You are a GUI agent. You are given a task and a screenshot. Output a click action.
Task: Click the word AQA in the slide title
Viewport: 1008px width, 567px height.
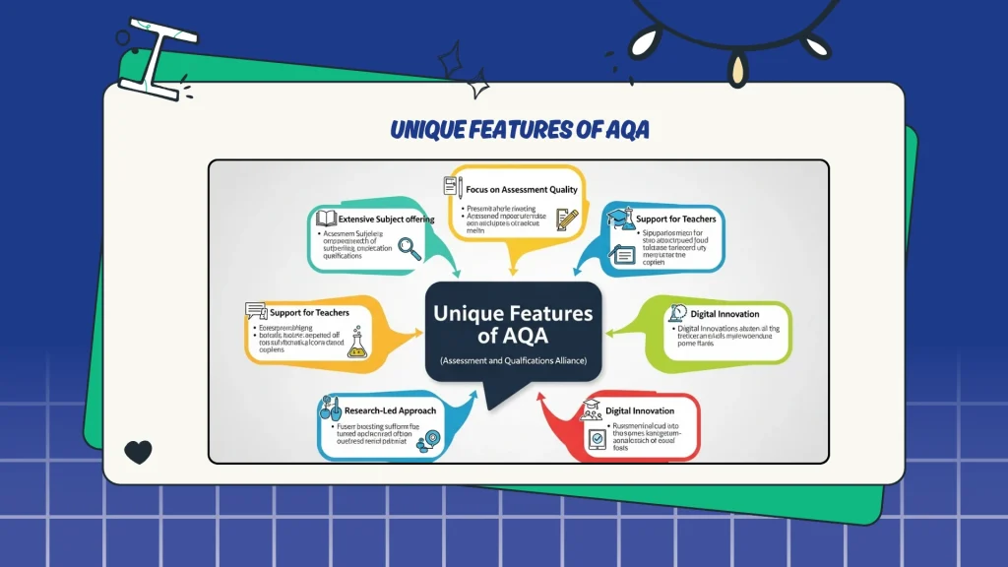(x=620, y=130)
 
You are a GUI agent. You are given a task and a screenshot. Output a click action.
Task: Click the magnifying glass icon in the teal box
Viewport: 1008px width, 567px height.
(x=409, y=249)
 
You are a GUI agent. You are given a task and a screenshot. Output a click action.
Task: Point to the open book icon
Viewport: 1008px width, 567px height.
(x=327, y=218)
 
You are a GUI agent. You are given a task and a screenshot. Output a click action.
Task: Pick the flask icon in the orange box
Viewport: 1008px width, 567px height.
(x=357, y=344)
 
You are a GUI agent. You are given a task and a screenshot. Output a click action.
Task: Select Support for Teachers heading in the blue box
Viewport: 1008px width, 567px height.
(x=676, y=218)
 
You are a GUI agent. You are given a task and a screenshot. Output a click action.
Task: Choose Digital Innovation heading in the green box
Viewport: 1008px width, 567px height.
(x=724, y=314)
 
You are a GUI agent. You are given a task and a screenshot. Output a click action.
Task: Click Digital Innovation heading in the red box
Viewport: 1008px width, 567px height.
(x=641, y=409)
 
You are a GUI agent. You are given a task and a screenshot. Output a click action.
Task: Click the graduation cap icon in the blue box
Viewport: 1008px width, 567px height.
(x=617, y=217)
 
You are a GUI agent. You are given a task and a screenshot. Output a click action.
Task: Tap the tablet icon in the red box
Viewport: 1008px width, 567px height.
(x=597, y=440)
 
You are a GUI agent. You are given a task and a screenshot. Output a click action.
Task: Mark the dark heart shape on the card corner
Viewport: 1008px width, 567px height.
(x=139, y=452)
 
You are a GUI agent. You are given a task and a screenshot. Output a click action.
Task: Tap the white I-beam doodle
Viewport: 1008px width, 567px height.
(x=157, y=58)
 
